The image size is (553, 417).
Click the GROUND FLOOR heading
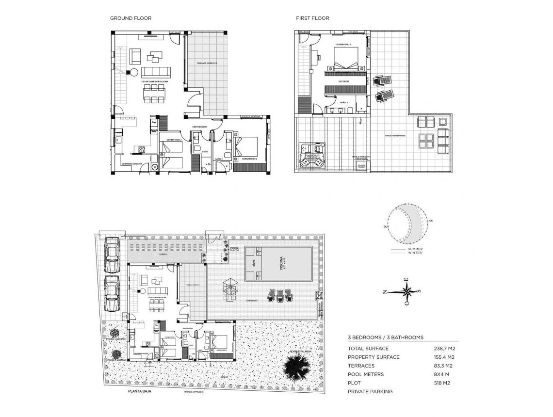130,18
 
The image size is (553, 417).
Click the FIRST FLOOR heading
312,18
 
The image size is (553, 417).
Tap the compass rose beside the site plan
407,292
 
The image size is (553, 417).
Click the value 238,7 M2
444,349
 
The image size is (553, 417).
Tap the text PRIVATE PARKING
370,392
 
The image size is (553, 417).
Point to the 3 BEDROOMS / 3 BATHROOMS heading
386,337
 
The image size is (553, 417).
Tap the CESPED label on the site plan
163,254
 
